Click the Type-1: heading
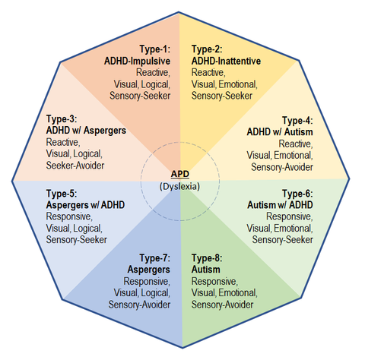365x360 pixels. pyautogui.click(x=155, y=49)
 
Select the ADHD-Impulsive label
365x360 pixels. pyautogui.click(x=137, y=61)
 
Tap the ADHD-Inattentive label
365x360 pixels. pyautogui.click(x=226, y=61)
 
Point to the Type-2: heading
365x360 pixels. pyautogui.click(x=207, y=49)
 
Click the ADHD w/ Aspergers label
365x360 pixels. pyautogui.click(x=86, y=131)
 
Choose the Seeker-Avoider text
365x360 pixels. pyautogui.click(x=75, y=166)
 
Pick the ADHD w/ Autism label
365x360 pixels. pyautogui.click(x=280, y=132)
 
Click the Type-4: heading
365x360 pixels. pyautogui.click(x=298, y=121)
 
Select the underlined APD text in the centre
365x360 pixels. pyautogui.click(x=180, y=174)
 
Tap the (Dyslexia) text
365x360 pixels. pyautogui.click(x=179, y=186)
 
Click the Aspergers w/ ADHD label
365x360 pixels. pyautogui.click(x=85, y=205)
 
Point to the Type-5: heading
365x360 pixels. pyautogui.click(x=62, y=194)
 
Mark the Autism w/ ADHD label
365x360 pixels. pyautogui.click(x=280, y=205)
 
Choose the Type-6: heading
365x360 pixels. pyautogui.click(x=298, y=194)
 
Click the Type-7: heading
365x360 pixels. pyautogui.click(x=155, y=258)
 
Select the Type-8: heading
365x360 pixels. pyautogui.click(x=207, y=258)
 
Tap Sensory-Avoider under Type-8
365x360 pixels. pyautogui.click(x=223, y=305)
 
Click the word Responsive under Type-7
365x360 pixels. pyautogui.click(x=147, y=282)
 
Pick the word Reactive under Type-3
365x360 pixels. pyautogui.click(x=63, y=142)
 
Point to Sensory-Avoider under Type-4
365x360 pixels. pyautogui.click(x=282, y=167)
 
